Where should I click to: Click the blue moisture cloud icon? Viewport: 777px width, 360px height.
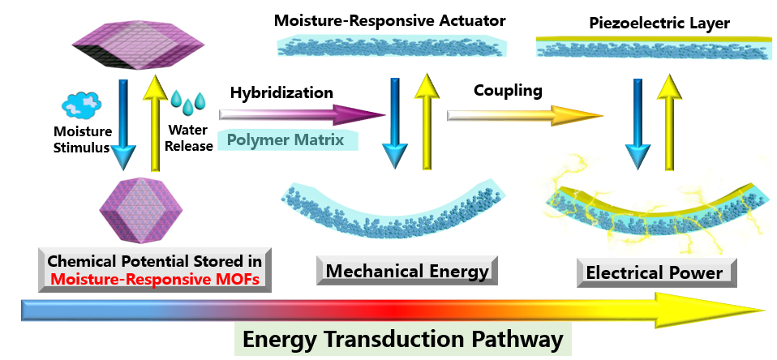click(82, 106)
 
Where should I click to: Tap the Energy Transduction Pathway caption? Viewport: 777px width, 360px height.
click(404, 339)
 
